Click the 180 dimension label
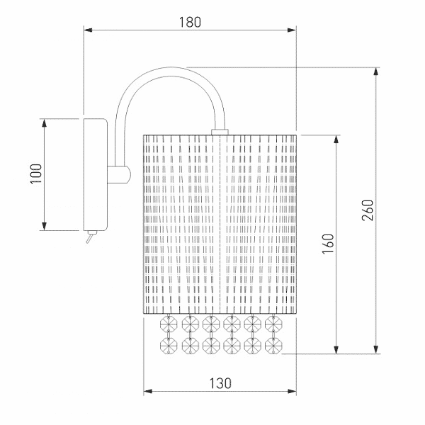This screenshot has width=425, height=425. pos(190,22)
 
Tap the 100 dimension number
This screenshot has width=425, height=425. pos(36,174)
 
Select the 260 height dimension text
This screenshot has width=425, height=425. pos(368,210)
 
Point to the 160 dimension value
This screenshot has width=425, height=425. pos(328,244)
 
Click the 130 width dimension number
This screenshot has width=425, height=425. pos(220,383)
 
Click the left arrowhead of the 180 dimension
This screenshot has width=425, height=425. pos(89,30)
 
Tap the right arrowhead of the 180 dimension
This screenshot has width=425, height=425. pos(292,30)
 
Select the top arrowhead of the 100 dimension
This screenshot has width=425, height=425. pos(44,123)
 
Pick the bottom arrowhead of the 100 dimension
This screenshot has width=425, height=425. pos(44,226)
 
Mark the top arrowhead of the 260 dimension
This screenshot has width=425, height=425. pos(375,72)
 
